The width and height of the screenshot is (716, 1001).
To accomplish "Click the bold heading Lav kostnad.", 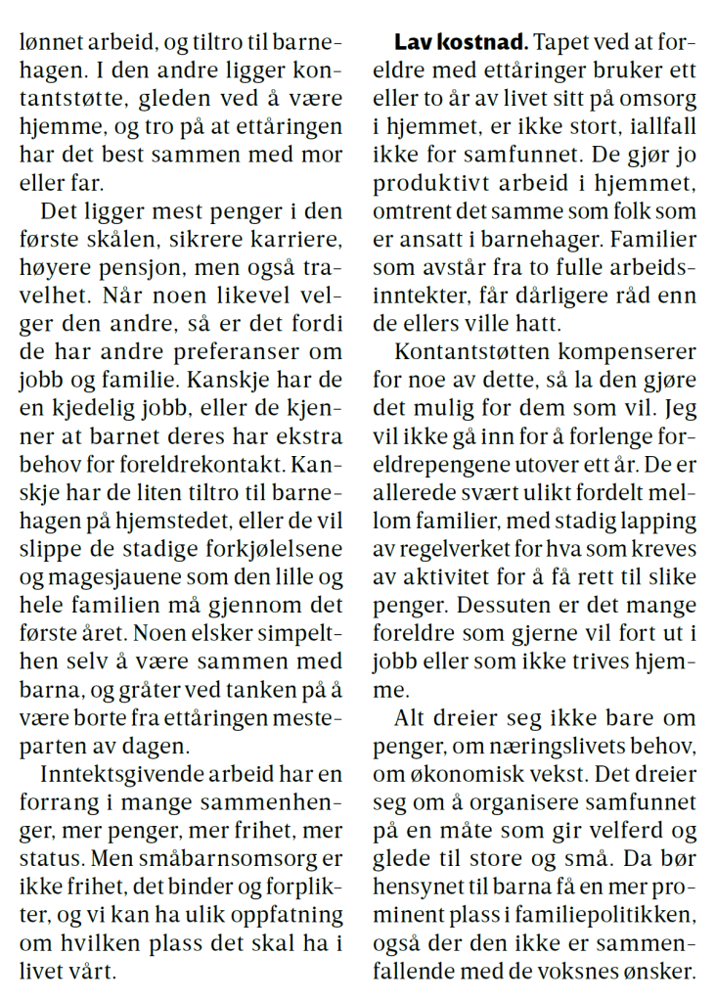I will [460, 43].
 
